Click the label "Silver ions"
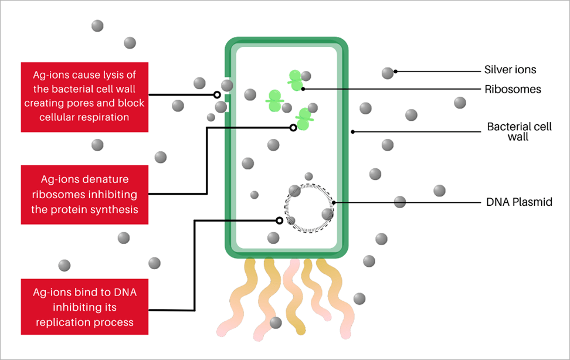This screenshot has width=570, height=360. point(510,70)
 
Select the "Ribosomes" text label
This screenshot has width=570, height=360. point(513,90)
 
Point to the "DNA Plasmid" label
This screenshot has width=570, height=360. point(519,202)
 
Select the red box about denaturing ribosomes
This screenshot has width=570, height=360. point(84,195)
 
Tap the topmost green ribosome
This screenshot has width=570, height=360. point(296,80)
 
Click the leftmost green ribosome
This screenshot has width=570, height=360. point(274,100)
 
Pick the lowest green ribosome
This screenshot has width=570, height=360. point(304,119)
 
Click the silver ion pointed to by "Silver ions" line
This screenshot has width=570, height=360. point(388,73)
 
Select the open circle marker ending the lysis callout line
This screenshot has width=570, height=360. point(217,94)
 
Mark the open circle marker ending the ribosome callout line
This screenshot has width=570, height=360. point(293,128)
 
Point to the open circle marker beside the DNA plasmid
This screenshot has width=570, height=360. point(279,221)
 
